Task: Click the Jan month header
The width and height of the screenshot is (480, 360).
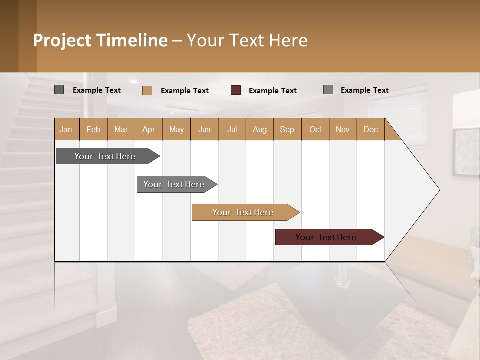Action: pos(66,129)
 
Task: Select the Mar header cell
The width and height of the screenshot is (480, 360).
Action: pos(121,129)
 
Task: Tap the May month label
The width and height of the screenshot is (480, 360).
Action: pos(176,129)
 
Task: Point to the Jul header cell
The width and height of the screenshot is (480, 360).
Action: pos(232,129)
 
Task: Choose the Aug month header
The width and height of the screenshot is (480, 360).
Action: pos(259,129)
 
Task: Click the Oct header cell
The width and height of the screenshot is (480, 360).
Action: pos(315,129)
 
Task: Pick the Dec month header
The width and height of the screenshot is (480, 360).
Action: pos(370,129)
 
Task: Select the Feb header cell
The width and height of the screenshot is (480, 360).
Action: pos(93,129)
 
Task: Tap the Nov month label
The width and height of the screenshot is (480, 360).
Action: pos(343,129)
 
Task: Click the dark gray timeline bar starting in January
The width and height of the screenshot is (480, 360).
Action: pos(105,156)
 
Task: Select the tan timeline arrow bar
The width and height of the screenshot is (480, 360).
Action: pos(243,212)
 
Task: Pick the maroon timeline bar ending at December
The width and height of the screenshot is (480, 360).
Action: pos(326,237)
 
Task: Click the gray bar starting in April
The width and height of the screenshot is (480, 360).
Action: pos(174,184)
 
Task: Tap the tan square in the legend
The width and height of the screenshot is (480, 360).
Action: pos(147,90)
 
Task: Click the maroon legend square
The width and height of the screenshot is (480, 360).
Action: pos(236,90)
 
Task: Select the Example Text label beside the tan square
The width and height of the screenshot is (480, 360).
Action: pos(184,91)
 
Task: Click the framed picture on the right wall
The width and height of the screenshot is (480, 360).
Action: pos(466,152)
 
